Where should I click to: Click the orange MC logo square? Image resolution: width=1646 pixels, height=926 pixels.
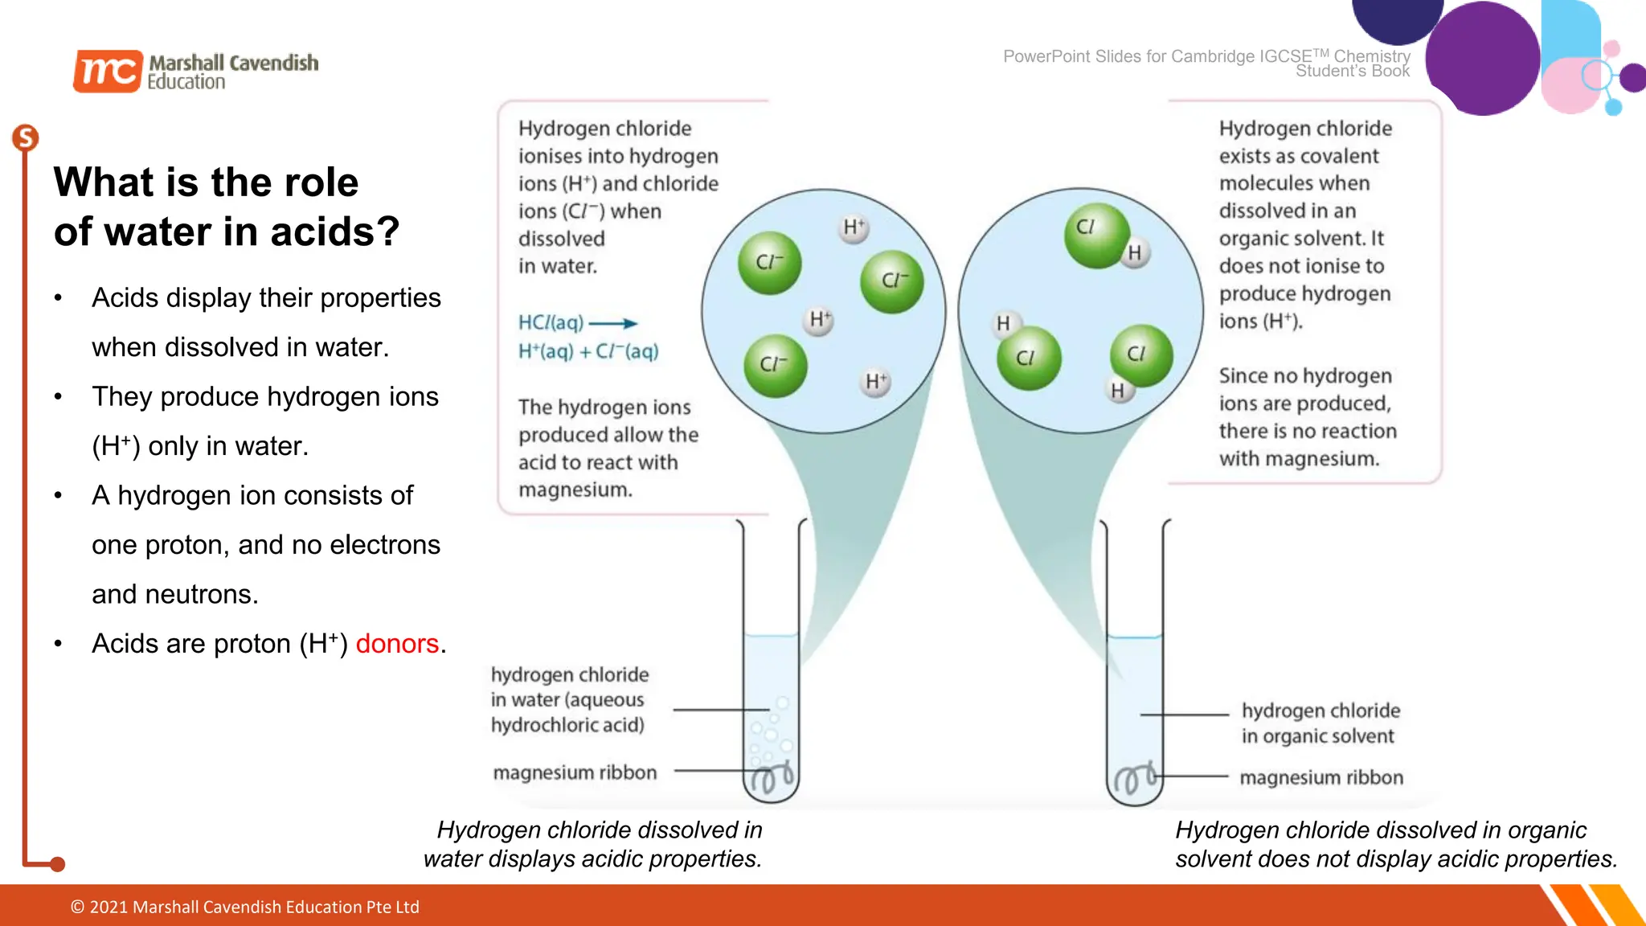[x=108, y=72]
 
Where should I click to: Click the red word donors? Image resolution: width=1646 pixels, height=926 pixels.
[x=397, y=644]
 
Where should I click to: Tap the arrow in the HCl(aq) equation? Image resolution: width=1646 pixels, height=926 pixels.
[x=613, y=324]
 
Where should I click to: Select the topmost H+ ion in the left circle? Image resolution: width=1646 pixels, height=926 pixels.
[x=854, y=228]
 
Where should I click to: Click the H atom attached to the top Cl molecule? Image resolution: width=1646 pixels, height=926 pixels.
[x=1134, y=253]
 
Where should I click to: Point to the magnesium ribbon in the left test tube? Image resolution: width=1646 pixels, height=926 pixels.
[x=772, y=778]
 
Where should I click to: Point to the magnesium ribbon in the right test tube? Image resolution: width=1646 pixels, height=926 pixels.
[x=1134, y=779]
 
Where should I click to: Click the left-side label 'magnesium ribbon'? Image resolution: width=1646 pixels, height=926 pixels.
[x=575, y=772]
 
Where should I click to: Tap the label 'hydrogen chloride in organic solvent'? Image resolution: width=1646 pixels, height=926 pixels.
[x=1320, y=723]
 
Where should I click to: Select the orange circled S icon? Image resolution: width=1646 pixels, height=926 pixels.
[x=26, y=138]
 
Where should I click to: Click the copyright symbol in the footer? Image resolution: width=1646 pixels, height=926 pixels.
[x=78, y=908]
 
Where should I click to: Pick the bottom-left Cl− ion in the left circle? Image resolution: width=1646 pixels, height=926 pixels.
[x=775, y=366]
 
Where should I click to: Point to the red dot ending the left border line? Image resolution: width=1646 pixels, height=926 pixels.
[x=57, y=865]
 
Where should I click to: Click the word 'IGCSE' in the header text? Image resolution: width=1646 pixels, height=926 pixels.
[x=1286, y=56]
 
